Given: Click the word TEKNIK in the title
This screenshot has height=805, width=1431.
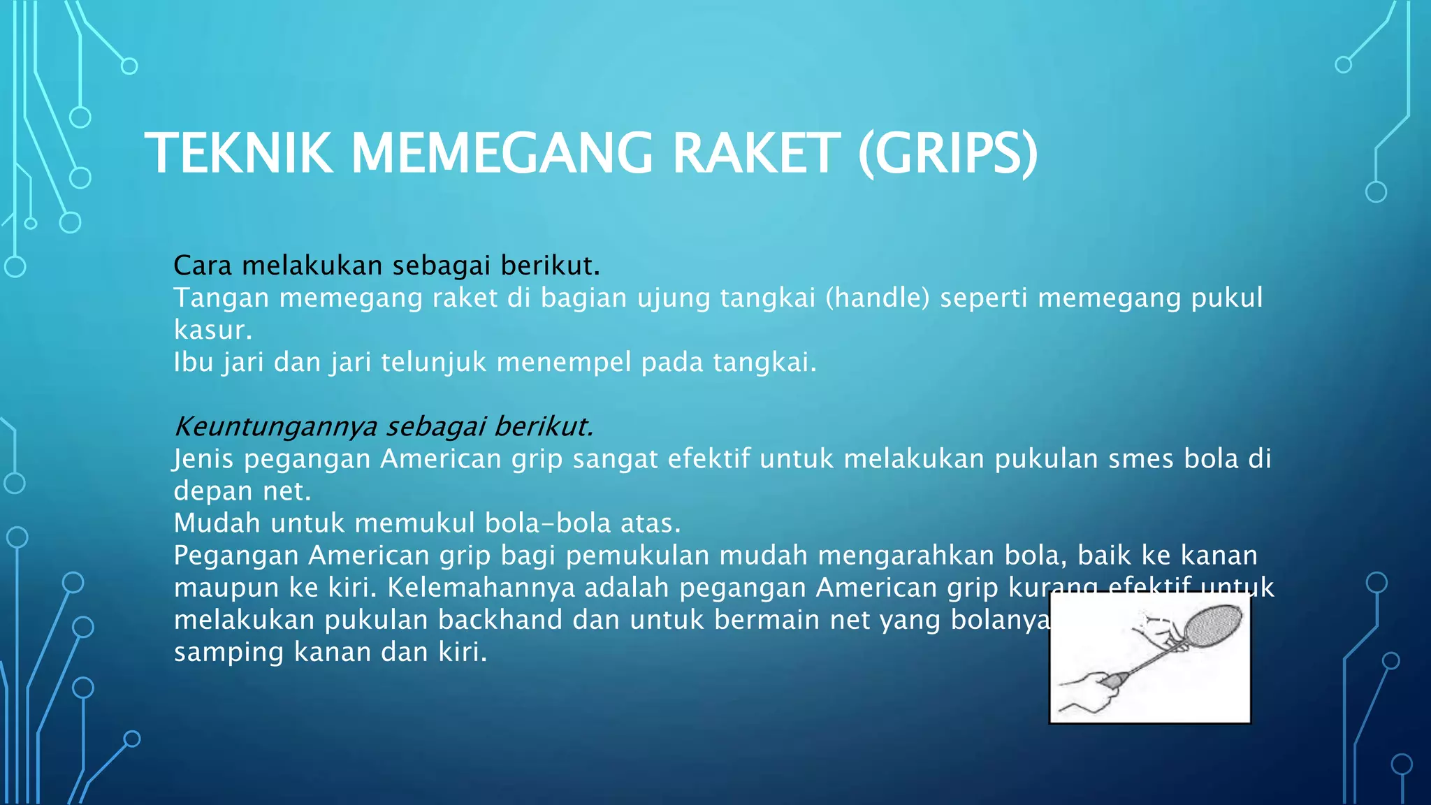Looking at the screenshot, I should click(x=238, y=154).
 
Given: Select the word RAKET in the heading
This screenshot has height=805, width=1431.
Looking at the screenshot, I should click(x=756, y=154).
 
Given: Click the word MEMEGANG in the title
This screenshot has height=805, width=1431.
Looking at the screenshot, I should click(x=502, y=154).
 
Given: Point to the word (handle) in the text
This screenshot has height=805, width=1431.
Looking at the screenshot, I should click(x=878, y=298).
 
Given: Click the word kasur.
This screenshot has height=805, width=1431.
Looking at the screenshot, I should click(x=212, y=331).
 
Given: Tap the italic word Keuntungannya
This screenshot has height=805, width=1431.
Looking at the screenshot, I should click(x=275, y=426).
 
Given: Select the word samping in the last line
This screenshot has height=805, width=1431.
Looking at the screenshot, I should click(x=228, y=653).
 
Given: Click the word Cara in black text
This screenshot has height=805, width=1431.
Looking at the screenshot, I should click(x=203, y=266).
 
